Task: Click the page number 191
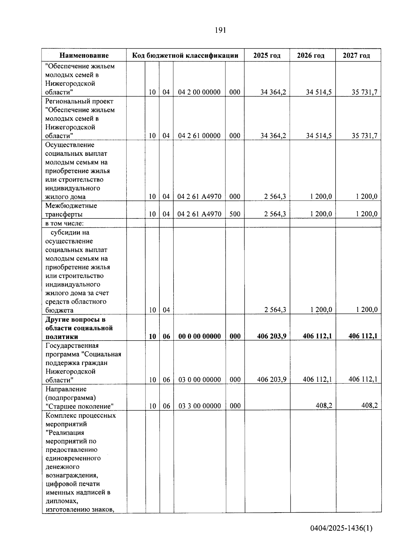coord(220,30)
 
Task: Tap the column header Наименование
coord(84,55)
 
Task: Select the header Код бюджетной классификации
coord(185,55)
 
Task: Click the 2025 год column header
coord(267,55)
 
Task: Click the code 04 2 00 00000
coord(199,92)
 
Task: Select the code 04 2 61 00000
coord(199,136)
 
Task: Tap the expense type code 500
coord(235,214)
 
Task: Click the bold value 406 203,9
coord(272,336)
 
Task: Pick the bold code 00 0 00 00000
coord(199,336)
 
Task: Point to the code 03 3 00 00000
coord(199,406)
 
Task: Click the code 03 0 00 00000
coord(199,380)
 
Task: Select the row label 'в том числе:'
coord(64,223)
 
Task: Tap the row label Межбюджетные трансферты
coord(71,210)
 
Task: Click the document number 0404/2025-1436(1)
coord(341,528)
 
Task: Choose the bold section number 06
coord(166,336)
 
